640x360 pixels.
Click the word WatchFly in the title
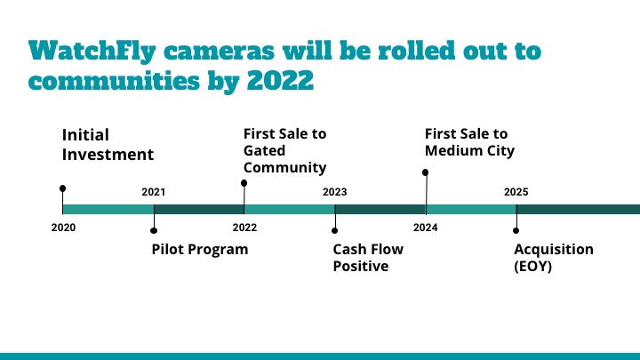coord(92,52)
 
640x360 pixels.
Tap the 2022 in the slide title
coord(280,80)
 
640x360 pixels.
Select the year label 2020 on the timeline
coord(63,228)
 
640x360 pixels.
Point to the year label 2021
coord(154,192)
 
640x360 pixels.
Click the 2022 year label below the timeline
coord(245,228)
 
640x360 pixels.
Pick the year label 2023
coord(335,192)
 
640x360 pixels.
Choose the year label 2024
coord(425,228)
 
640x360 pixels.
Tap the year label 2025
coord(516,192)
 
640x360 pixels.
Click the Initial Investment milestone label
coord(108,145)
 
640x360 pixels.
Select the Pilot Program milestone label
coord(200,249)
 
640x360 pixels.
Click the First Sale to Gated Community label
coord(285,150)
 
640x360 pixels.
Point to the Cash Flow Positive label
coord(368,258)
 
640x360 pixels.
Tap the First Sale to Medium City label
coord(469,142)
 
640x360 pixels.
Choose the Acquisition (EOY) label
coord(554,258)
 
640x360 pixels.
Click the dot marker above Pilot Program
coord(154,230)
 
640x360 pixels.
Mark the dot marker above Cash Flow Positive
coord(335,230)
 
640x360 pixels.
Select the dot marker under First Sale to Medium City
coord(425,172)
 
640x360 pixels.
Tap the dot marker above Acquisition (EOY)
coord(516,230)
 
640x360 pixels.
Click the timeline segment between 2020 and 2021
coord(108,210)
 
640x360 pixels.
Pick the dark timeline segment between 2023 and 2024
coord(380,210)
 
